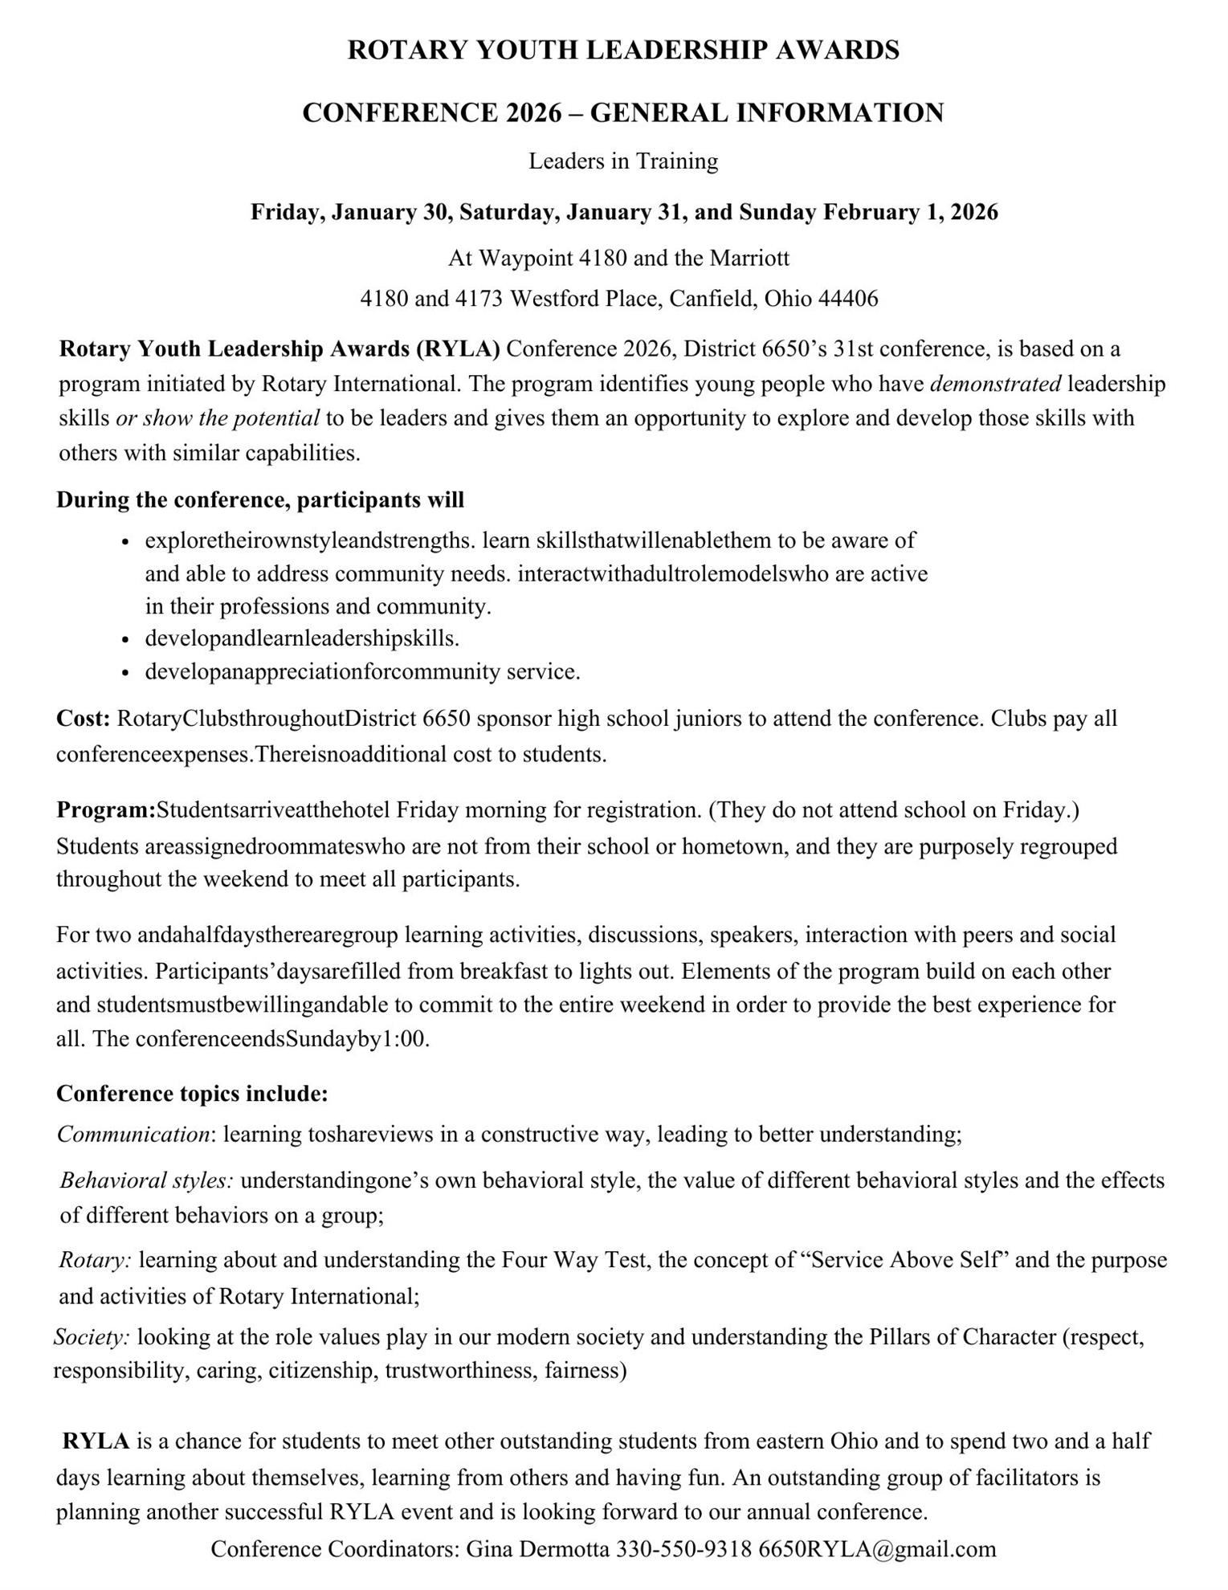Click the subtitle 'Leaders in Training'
coord(622,161)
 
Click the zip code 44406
coord(848,299)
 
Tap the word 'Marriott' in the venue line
coord(749,258)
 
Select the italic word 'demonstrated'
coord(996,384)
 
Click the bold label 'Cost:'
coord(83,719)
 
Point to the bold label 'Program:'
coord(105,809)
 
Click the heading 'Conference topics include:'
coord(192,1094)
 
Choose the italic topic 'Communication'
coord(133,1134)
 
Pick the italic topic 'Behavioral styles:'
coord(147,1180)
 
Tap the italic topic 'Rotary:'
coord(96,1259)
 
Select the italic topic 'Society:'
coord(92,1337)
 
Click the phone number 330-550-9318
coord(683,1548)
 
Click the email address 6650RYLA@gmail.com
coord(877,1548)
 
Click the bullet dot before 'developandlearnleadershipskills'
coord(125,640)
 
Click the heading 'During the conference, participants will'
coord(260,499)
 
